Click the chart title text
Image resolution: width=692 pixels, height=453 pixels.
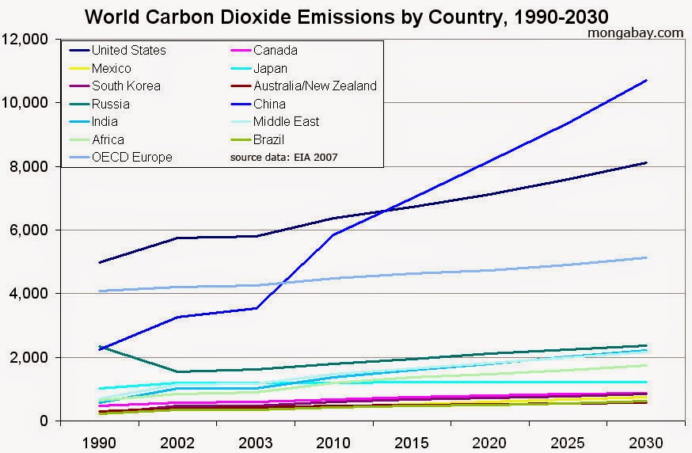coord(346,16)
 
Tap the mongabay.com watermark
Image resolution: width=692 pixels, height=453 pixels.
coord(636,32)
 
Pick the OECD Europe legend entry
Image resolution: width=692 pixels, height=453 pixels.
coord(131,157)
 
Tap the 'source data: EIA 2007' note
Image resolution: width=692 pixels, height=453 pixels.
coord(283,158)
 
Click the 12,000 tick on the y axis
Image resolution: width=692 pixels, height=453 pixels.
coord(28,40)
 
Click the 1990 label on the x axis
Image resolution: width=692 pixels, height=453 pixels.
coord(100,440)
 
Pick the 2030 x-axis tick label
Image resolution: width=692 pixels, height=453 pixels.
coord(647,440)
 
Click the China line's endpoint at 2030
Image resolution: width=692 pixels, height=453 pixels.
coord(647,80)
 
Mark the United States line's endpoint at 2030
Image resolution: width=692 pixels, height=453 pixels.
coord(647,162)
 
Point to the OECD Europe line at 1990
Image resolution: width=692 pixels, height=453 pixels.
coord(100,291)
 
